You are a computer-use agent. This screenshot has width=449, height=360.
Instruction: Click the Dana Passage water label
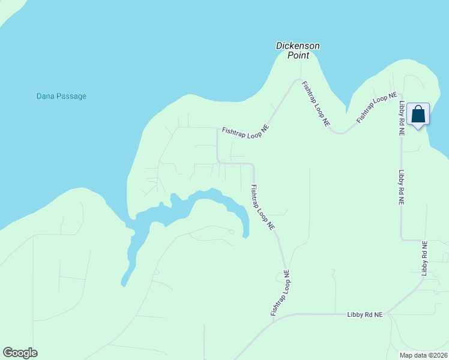coord(61,96)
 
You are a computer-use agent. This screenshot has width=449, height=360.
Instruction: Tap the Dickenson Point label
coord(298,50)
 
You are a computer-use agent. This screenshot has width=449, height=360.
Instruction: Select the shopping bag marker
coord(418,114)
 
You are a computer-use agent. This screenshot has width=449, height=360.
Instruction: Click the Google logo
coord(20,353)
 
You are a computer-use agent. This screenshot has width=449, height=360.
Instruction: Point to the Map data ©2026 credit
coord(424,355)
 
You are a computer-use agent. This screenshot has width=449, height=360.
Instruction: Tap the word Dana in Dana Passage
coord(46,96)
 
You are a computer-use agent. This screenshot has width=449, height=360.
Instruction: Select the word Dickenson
coord(298,46)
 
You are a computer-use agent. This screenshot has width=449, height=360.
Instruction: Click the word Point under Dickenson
coord(298,55)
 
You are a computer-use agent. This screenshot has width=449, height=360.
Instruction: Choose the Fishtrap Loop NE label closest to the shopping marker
coord(377,107)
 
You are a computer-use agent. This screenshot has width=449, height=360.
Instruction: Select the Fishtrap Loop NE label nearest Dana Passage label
coord(246,129)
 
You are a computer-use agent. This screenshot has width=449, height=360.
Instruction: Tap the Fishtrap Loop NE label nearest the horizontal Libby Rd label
coord(280,293)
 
